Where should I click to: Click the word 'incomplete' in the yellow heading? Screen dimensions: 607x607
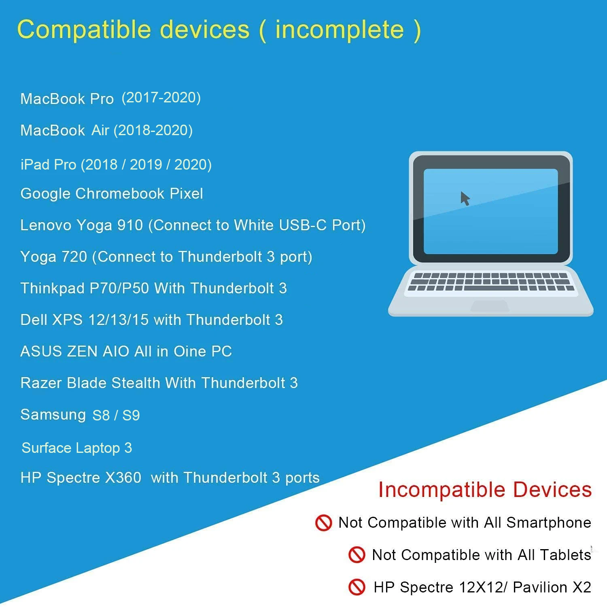coord(340,29)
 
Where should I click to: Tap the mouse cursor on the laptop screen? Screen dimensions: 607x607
coord(465,198)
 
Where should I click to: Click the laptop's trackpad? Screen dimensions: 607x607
coord(490,306)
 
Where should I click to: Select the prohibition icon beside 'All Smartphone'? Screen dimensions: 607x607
coord(323,522)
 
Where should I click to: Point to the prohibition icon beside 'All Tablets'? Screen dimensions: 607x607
coord(357,554)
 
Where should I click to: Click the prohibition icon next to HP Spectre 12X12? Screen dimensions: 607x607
coord(357,587)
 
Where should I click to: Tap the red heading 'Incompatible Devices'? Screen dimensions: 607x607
coord(485,490)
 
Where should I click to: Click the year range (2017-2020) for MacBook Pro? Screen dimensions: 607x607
coord(161,98)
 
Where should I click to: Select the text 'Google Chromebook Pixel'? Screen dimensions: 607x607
coord(112,194)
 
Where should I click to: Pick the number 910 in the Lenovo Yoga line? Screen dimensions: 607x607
coord(130,225)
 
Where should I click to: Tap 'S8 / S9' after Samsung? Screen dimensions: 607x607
coord(116,415)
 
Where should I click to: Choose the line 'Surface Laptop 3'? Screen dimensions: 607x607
coord(77,448)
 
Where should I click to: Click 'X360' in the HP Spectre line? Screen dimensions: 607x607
coord(123,478)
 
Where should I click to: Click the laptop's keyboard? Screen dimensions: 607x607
coord(490,281)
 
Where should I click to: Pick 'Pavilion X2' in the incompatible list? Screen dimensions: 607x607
coord(552,587)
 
